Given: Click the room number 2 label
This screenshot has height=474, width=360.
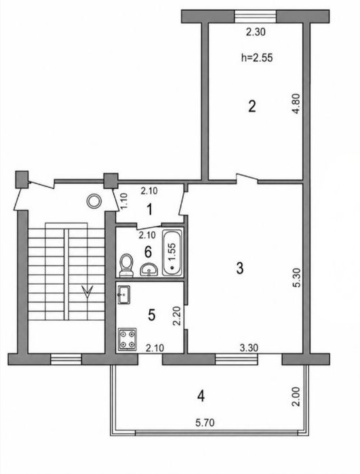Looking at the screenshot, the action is (252, 106).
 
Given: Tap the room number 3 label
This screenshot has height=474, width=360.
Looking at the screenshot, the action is (240, 268).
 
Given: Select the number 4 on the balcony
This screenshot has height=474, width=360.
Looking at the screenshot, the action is (201, 396).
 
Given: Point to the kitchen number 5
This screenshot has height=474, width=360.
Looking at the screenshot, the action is (151, 315).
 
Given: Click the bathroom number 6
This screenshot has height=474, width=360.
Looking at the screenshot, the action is (148, 252).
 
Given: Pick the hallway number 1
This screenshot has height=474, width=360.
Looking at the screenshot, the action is (149, 210).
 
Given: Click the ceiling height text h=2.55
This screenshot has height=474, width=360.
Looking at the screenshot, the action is (257, 58).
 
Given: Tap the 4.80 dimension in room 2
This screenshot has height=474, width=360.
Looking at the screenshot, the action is (297, 103).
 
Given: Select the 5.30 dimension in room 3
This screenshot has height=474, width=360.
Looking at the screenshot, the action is (297, 277).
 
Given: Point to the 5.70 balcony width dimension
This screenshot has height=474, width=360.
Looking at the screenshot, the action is (205, 422).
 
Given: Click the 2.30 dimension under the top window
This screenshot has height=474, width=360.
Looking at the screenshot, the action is (256, 32).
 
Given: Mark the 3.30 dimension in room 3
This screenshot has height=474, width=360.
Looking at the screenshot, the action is (249, 348).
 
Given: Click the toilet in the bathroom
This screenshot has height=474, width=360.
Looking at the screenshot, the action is (126, 265).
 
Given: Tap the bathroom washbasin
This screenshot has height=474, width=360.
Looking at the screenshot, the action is (148, 270).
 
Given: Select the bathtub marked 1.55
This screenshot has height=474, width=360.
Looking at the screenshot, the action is (172, 253).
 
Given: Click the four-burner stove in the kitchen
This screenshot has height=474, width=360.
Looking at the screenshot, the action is (127, 340).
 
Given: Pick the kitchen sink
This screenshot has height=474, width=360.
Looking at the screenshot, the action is (124, 295).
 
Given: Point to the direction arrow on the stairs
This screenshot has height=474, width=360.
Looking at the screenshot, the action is (87, 292).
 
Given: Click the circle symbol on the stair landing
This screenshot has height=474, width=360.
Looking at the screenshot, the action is (94, 201).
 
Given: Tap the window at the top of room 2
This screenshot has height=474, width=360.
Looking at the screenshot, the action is (256, 17).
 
